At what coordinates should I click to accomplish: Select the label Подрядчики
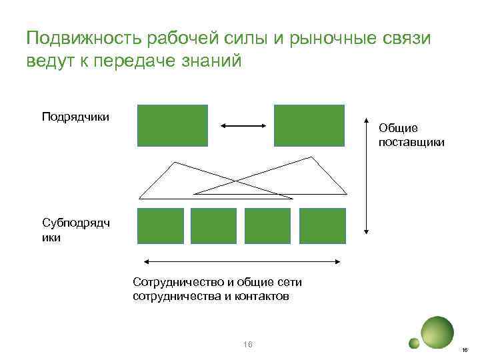75,117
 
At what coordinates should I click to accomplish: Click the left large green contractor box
172,125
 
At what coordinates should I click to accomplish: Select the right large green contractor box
309,125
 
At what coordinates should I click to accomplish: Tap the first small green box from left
160,225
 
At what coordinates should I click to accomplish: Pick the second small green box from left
214,225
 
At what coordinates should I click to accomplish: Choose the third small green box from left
268,225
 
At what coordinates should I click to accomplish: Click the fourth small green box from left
323,225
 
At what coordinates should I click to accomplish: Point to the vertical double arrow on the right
366,177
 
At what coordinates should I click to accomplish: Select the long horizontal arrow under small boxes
244,261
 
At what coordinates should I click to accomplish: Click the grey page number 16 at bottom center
248,344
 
